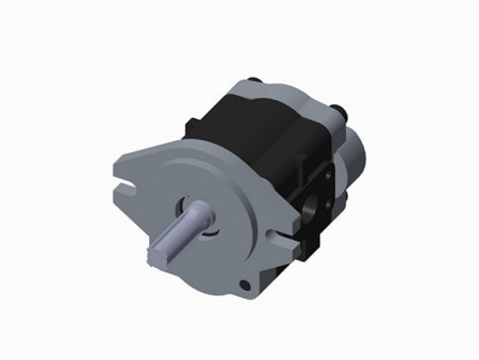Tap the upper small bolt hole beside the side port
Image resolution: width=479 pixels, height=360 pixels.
[328, 179]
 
